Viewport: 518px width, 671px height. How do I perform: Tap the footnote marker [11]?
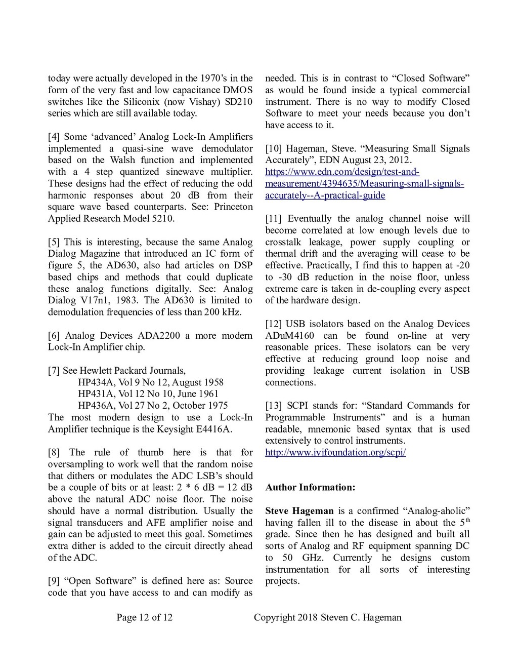[x=273, y=219]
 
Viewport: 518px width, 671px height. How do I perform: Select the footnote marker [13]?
[x=273, y=406]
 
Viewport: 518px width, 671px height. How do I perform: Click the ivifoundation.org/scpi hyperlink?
[x=335, y=452]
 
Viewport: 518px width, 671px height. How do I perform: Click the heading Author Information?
[x=310, y=488]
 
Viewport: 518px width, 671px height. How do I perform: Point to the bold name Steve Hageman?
[x=299, y=510]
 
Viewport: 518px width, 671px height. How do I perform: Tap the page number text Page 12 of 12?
[x=144, y=617]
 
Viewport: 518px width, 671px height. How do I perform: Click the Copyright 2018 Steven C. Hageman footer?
[x=327, y=617]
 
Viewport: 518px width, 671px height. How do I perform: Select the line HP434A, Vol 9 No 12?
[x=150, y=382]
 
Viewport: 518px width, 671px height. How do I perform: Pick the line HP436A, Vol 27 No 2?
[x=152, y=406]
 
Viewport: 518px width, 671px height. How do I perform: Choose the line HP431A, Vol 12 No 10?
[x=148, y=394]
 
